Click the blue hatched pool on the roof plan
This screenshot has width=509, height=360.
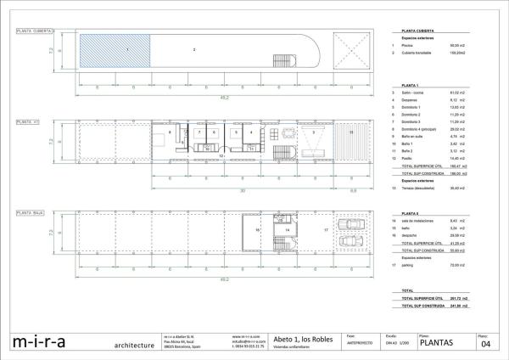[115, 52]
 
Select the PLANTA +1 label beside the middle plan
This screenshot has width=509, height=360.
[29, 122]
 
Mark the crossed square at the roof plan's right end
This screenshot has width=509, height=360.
[352, 52]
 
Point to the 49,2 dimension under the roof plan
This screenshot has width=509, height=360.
[224, 94]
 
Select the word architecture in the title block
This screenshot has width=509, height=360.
[134, 346]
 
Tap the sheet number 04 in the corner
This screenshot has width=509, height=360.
[486, 343]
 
